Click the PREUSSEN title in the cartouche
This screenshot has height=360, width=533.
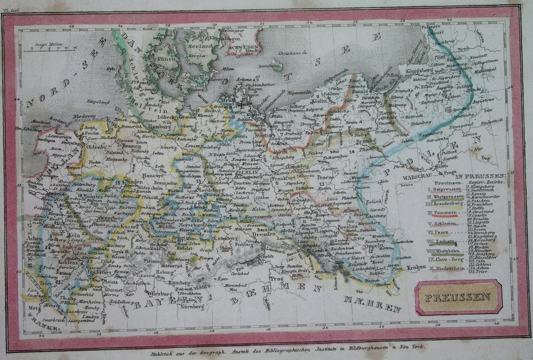[x=458, y=297]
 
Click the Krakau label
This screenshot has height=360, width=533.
[x=416, y=267]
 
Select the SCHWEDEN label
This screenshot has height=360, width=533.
[x=242, y=46]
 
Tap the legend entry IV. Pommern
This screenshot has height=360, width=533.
[x=442, y=213]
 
